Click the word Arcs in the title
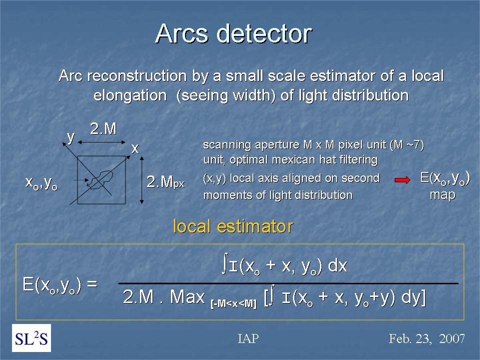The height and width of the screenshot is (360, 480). point(182,33)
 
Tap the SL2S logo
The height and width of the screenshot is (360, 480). point(31,338)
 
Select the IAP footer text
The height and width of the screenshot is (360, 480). point(248,338)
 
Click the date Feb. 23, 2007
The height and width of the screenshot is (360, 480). point(426,339)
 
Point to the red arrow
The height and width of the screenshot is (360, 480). point(402,180)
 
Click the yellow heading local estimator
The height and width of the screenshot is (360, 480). point(233,226)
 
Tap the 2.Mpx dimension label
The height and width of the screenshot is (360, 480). point(165,182)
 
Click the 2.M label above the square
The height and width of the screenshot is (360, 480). point(103,129)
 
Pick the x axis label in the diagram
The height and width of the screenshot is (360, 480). point(135,149)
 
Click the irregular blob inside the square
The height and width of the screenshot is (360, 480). point(99,179)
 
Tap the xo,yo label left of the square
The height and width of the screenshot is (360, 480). point(41,183)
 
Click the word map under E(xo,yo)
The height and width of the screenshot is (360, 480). point(442,194)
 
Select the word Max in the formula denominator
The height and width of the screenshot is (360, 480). point(187,296)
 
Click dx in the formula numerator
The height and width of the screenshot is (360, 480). point(337,265)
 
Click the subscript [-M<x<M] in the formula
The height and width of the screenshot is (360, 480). point(233,304)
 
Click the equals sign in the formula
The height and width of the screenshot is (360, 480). point(92,284)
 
